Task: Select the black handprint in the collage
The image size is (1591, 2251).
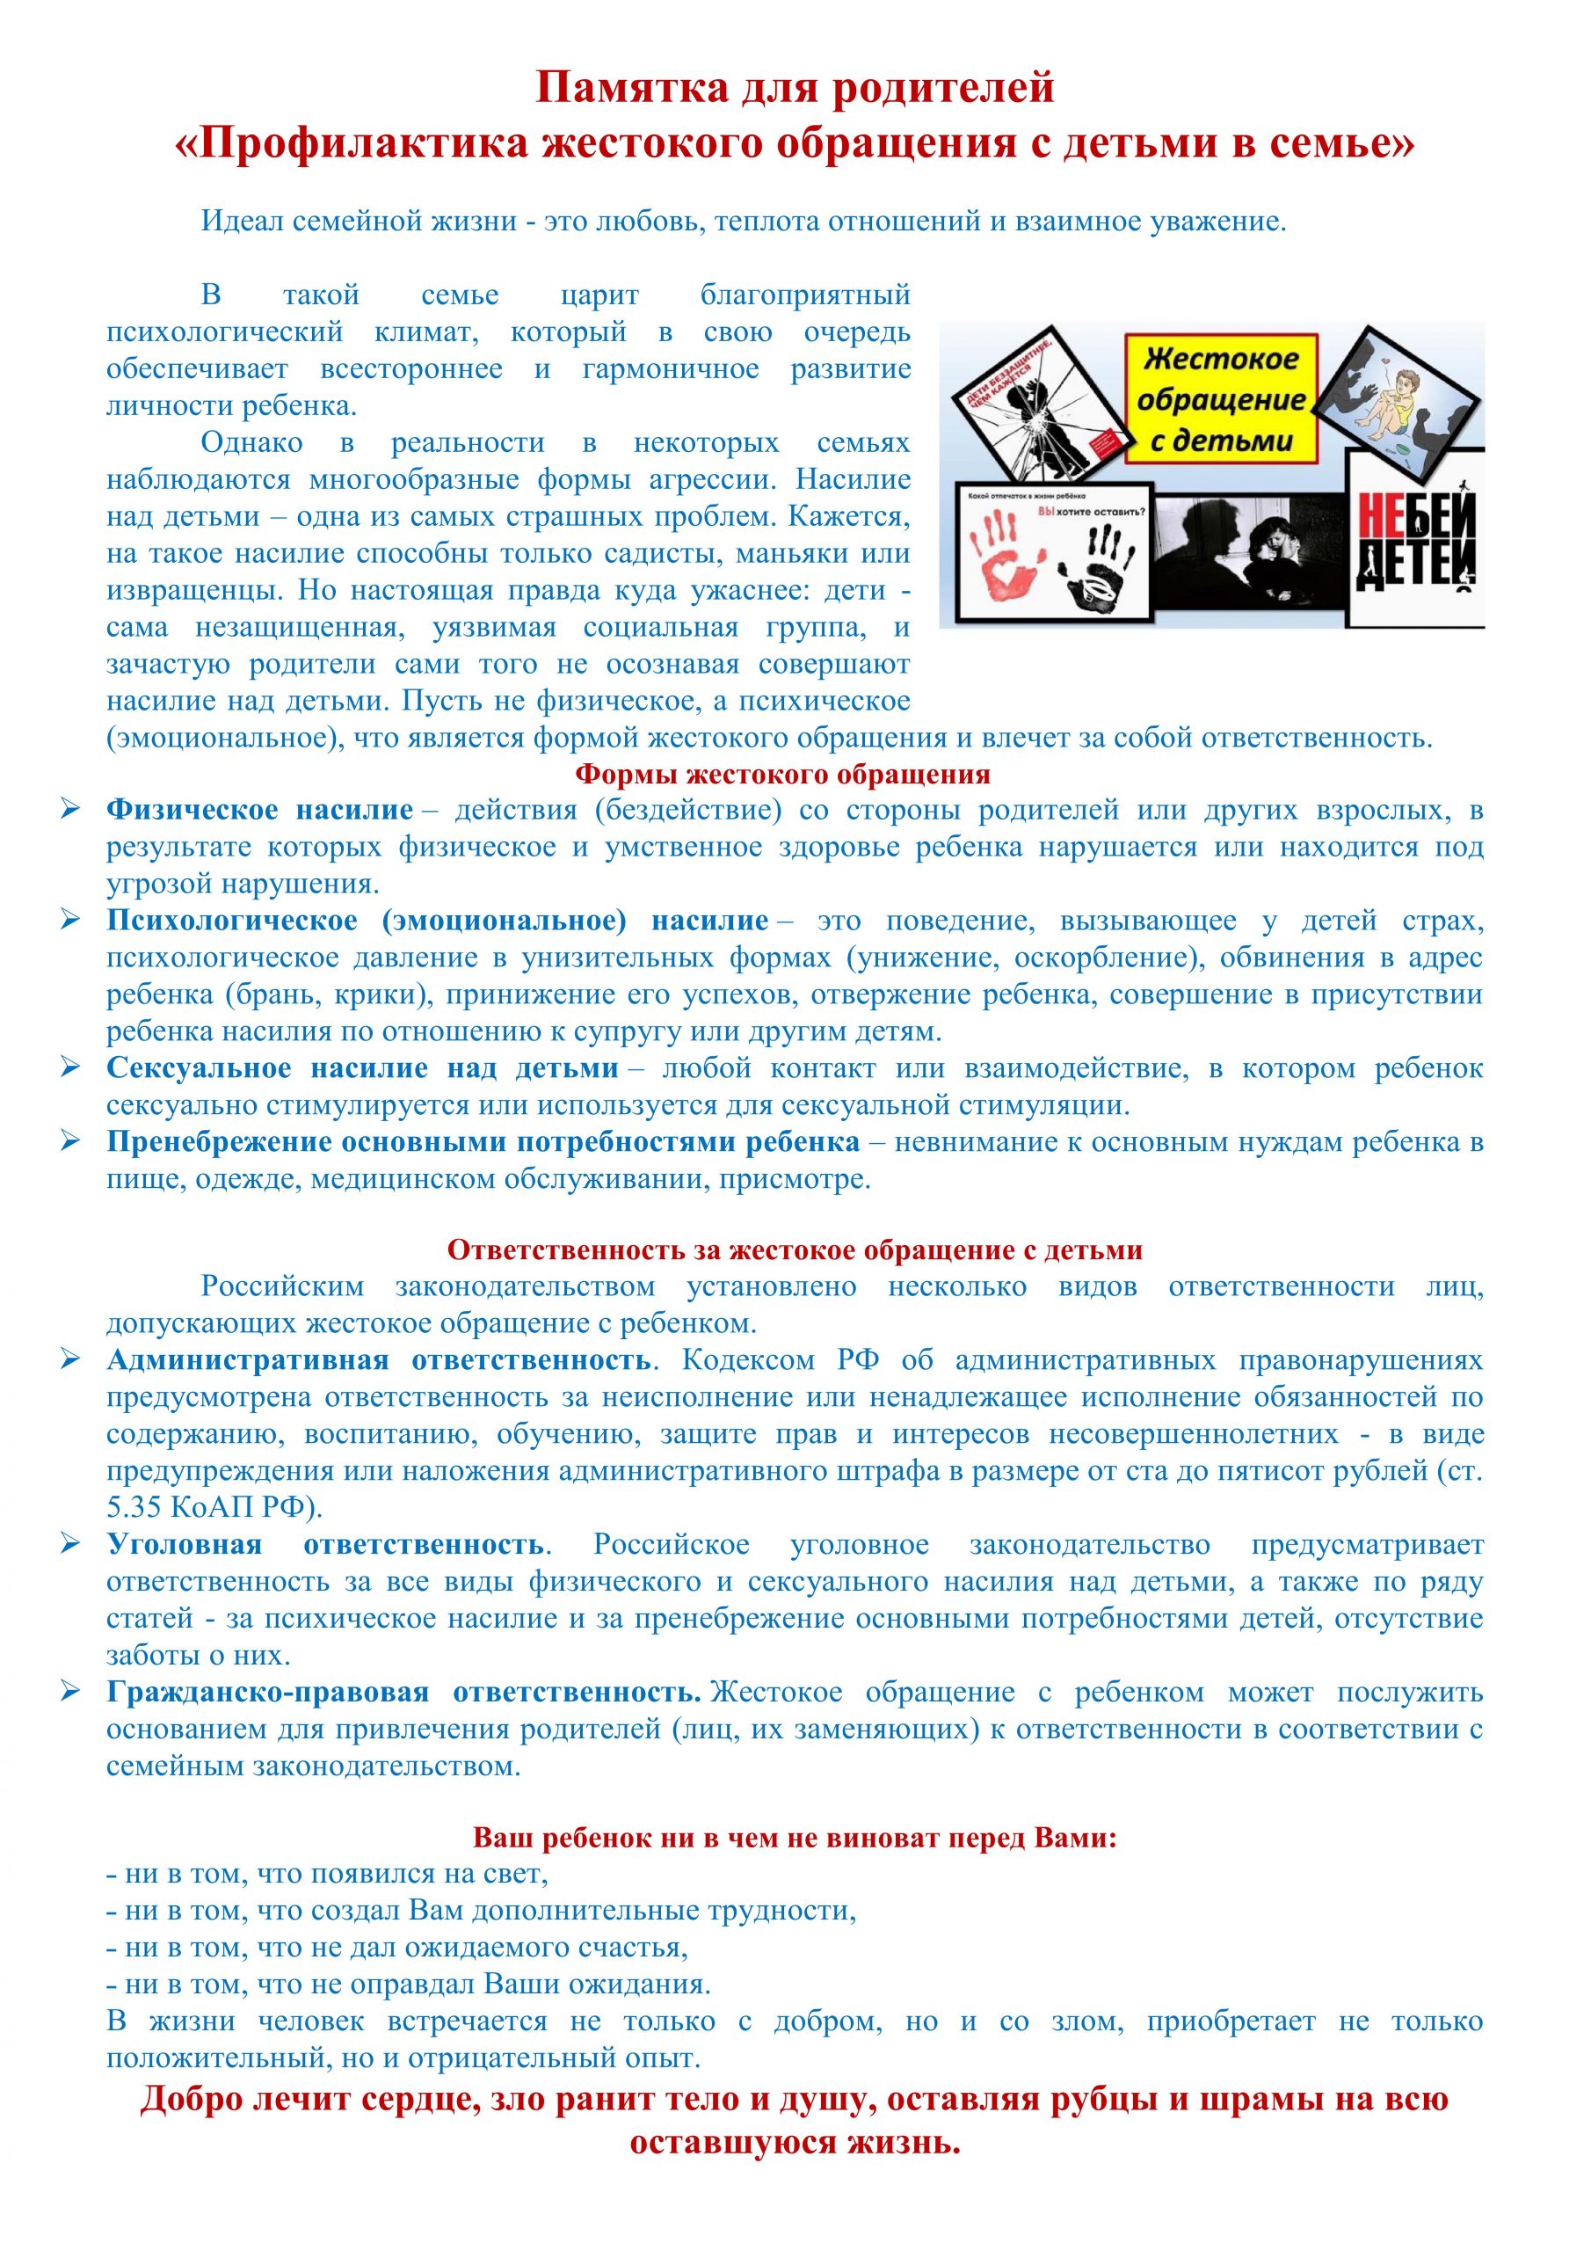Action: pyautogui.click(x=1114, y=574)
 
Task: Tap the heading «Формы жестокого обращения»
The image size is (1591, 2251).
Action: pyautogui.click(x=782, y=775)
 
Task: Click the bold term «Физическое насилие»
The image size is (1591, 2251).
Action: pyautogui.click(x=260, y=811)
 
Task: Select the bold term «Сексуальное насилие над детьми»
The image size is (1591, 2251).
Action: pyautogui.click(x=362, y=1068)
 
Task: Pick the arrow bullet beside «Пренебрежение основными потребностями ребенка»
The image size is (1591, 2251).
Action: pyautogui.click(x=70, y=1141)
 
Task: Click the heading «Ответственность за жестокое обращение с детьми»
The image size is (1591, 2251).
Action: pyautogui.click(x=795, y=1251)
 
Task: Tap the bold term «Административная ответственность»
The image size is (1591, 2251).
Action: pyautogui.click(x=378, y=1361)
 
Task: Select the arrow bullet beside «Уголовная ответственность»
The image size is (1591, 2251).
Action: pyautogui.click(x=70, y=1544)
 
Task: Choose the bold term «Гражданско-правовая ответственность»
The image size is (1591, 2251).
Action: pyautogui.click(x=403, y=1692)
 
